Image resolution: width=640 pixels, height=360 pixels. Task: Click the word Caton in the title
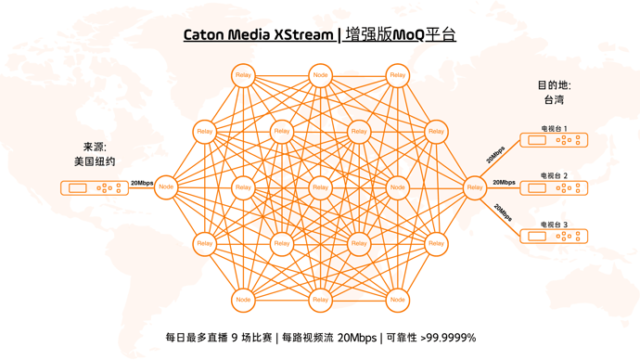[205, 35]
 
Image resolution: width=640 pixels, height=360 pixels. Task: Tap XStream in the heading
[303, 35]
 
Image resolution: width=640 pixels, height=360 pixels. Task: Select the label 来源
[95, 147]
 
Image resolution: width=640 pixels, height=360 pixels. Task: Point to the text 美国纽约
[95, 161]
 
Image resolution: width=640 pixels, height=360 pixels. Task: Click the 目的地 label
[554, 85]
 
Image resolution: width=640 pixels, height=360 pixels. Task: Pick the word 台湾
[554, 99]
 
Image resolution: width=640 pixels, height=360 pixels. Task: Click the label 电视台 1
[555, 129]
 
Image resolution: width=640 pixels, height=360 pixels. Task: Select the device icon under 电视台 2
[554, 187]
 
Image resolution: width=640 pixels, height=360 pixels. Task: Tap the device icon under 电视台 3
[554, 237]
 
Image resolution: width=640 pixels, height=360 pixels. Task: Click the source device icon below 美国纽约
[95, 187]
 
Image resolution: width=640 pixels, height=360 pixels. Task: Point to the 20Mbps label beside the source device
[142, 184]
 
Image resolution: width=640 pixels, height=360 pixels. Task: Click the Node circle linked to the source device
[166, 187]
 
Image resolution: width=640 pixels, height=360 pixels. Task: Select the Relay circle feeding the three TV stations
[475, 187]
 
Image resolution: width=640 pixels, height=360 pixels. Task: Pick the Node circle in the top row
[320, 75]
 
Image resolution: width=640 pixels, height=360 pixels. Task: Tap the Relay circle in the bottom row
[320, 300]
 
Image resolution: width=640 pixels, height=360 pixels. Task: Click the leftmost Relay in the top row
[243, 75]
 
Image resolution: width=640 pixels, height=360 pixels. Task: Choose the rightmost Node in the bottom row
[397, 300]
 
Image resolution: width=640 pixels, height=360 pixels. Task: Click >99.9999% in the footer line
[443, 338]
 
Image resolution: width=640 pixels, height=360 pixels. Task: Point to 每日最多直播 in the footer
[197, 338]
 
